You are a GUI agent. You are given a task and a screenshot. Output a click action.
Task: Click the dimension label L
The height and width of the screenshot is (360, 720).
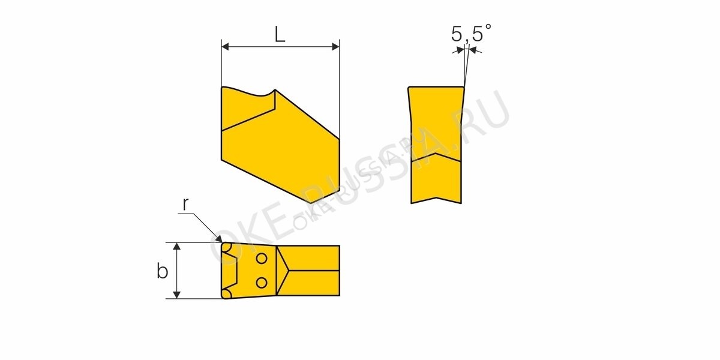(280, 34)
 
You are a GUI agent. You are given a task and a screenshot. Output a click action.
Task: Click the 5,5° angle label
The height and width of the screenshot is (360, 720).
(471, 33)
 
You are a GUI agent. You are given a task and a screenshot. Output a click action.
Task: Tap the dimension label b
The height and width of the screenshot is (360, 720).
(163, 271)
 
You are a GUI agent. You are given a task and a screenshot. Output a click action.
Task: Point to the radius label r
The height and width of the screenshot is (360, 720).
(185, 205)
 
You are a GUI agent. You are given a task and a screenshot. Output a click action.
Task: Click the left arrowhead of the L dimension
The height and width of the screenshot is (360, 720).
(225, 47)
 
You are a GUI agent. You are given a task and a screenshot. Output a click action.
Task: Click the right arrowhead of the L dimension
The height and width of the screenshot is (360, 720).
(336, 47)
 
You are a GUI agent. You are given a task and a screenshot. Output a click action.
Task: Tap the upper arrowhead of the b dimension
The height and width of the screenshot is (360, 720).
(177, 246)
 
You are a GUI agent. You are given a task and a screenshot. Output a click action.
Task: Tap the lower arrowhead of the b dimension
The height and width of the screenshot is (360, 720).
(177, 295)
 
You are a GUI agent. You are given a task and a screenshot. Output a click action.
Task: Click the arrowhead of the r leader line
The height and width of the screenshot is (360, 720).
(219, 239)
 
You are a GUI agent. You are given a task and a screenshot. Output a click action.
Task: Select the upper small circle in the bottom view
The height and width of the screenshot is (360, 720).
(262, 259)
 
